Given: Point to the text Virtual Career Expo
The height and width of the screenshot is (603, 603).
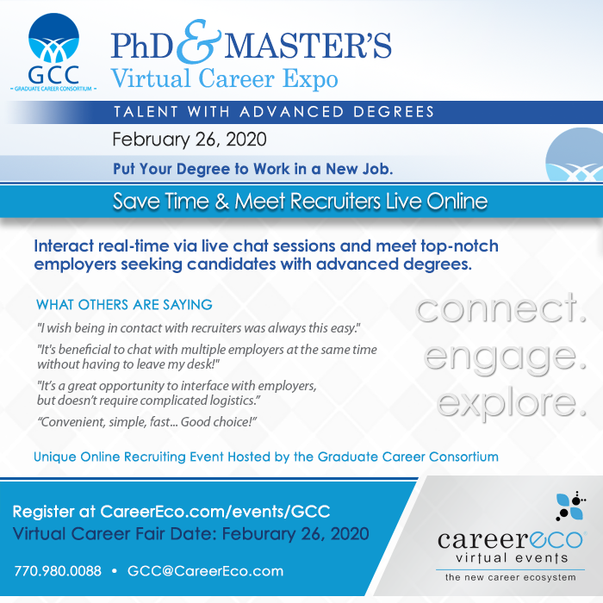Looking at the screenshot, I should coord(225,78).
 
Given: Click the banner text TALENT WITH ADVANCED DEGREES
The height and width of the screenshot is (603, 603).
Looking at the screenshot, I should coord(274,111).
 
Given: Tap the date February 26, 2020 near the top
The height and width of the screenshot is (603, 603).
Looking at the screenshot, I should coord(190,139).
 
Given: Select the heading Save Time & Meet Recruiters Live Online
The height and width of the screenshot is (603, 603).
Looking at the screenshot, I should coord(301,202).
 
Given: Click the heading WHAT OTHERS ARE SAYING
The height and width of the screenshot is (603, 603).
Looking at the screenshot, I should coord(124,305).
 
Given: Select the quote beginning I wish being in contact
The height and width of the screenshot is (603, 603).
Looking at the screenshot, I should coord(198,328).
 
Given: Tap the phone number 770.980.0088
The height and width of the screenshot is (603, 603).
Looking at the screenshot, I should coord(58,571).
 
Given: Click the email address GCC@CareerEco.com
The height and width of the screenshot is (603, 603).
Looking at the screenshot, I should coord(205,571).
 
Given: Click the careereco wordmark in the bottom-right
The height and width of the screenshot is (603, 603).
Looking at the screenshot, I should coord(511,539).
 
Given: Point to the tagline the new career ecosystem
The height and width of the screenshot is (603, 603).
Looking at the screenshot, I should coord(511,577).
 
